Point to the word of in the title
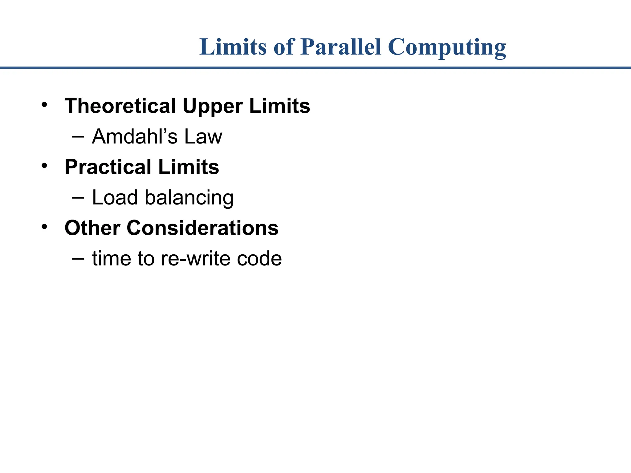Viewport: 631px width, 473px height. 284,47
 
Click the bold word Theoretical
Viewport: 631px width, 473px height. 120,106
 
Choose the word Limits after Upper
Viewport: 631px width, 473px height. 279,106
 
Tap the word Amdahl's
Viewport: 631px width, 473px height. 135,136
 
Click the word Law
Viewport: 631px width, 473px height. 203,136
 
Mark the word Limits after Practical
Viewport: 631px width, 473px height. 189,167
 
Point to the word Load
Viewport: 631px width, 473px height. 115,197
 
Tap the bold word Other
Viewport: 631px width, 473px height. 92,228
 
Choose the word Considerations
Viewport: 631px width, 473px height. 202,228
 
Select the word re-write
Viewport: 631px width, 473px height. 196,258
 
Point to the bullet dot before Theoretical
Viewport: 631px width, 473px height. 45,105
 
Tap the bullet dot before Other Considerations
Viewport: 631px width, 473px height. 45,227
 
